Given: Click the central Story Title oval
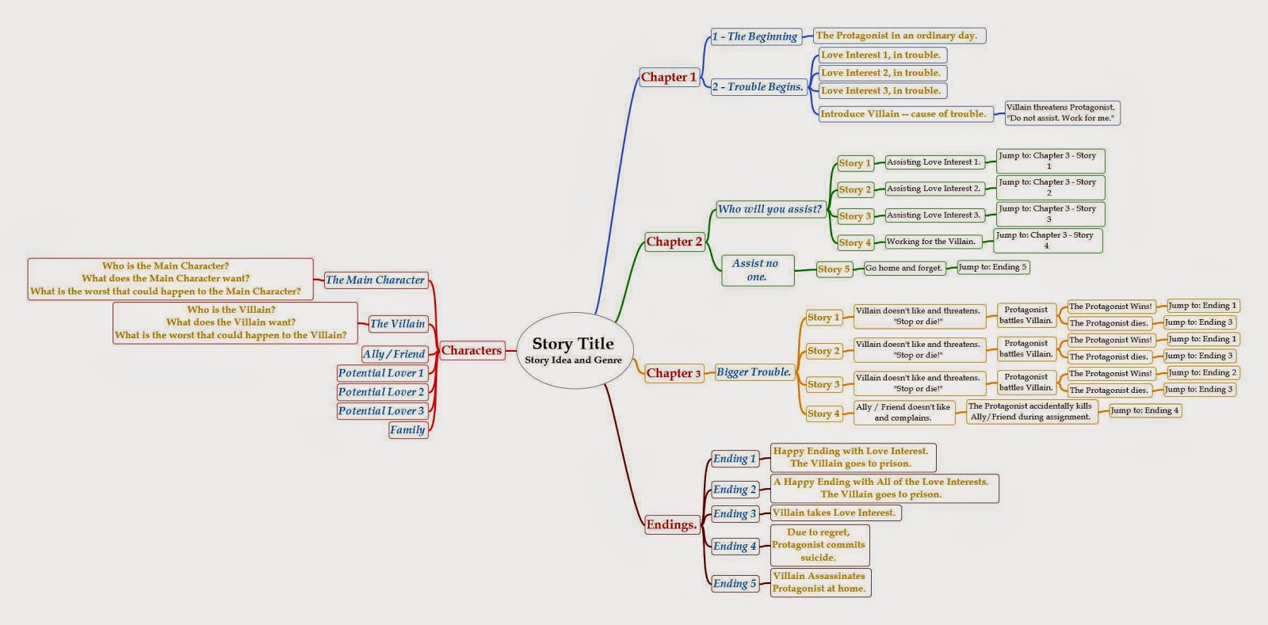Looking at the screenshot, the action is click(x=573, y=350).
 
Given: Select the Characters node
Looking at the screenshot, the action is click(x=472, y=350).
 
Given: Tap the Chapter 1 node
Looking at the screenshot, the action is click(x=669, y=77).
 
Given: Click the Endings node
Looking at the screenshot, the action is click(x=671, y=524).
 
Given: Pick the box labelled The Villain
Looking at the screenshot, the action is click(x=398, y=323).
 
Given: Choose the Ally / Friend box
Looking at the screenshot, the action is click(x=394, y=354).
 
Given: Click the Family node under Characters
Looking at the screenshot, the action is click(x=407, y=429).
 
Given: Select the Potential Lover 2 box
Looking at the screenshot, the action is click(x=381, y=391).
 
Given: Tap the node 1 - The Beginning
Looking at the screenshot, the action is click(x=754, y=36).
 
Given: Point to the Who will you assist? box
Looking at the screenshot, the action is click(x=770, y=209).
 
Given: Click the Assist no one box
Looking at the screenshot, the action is click(x=757, y=270).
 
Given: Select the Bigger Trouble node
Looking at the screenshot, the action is click(x=754, y=372).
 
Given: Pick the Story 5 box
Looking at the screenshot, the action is click(x=834, y=269).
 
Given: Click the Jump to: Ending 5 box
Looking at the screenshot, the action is click(x=992, y=267).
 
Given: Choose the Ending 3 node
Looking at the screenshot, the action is click(x=735, y=513).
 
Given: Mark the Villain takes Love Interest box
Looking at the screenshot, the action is click(x=835, y=513).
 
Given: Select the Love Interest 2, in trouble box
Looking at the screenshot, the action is click(x=882, y=73).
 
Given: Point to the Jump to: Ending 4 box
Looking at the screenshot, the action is click(x=1144, y=410).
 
